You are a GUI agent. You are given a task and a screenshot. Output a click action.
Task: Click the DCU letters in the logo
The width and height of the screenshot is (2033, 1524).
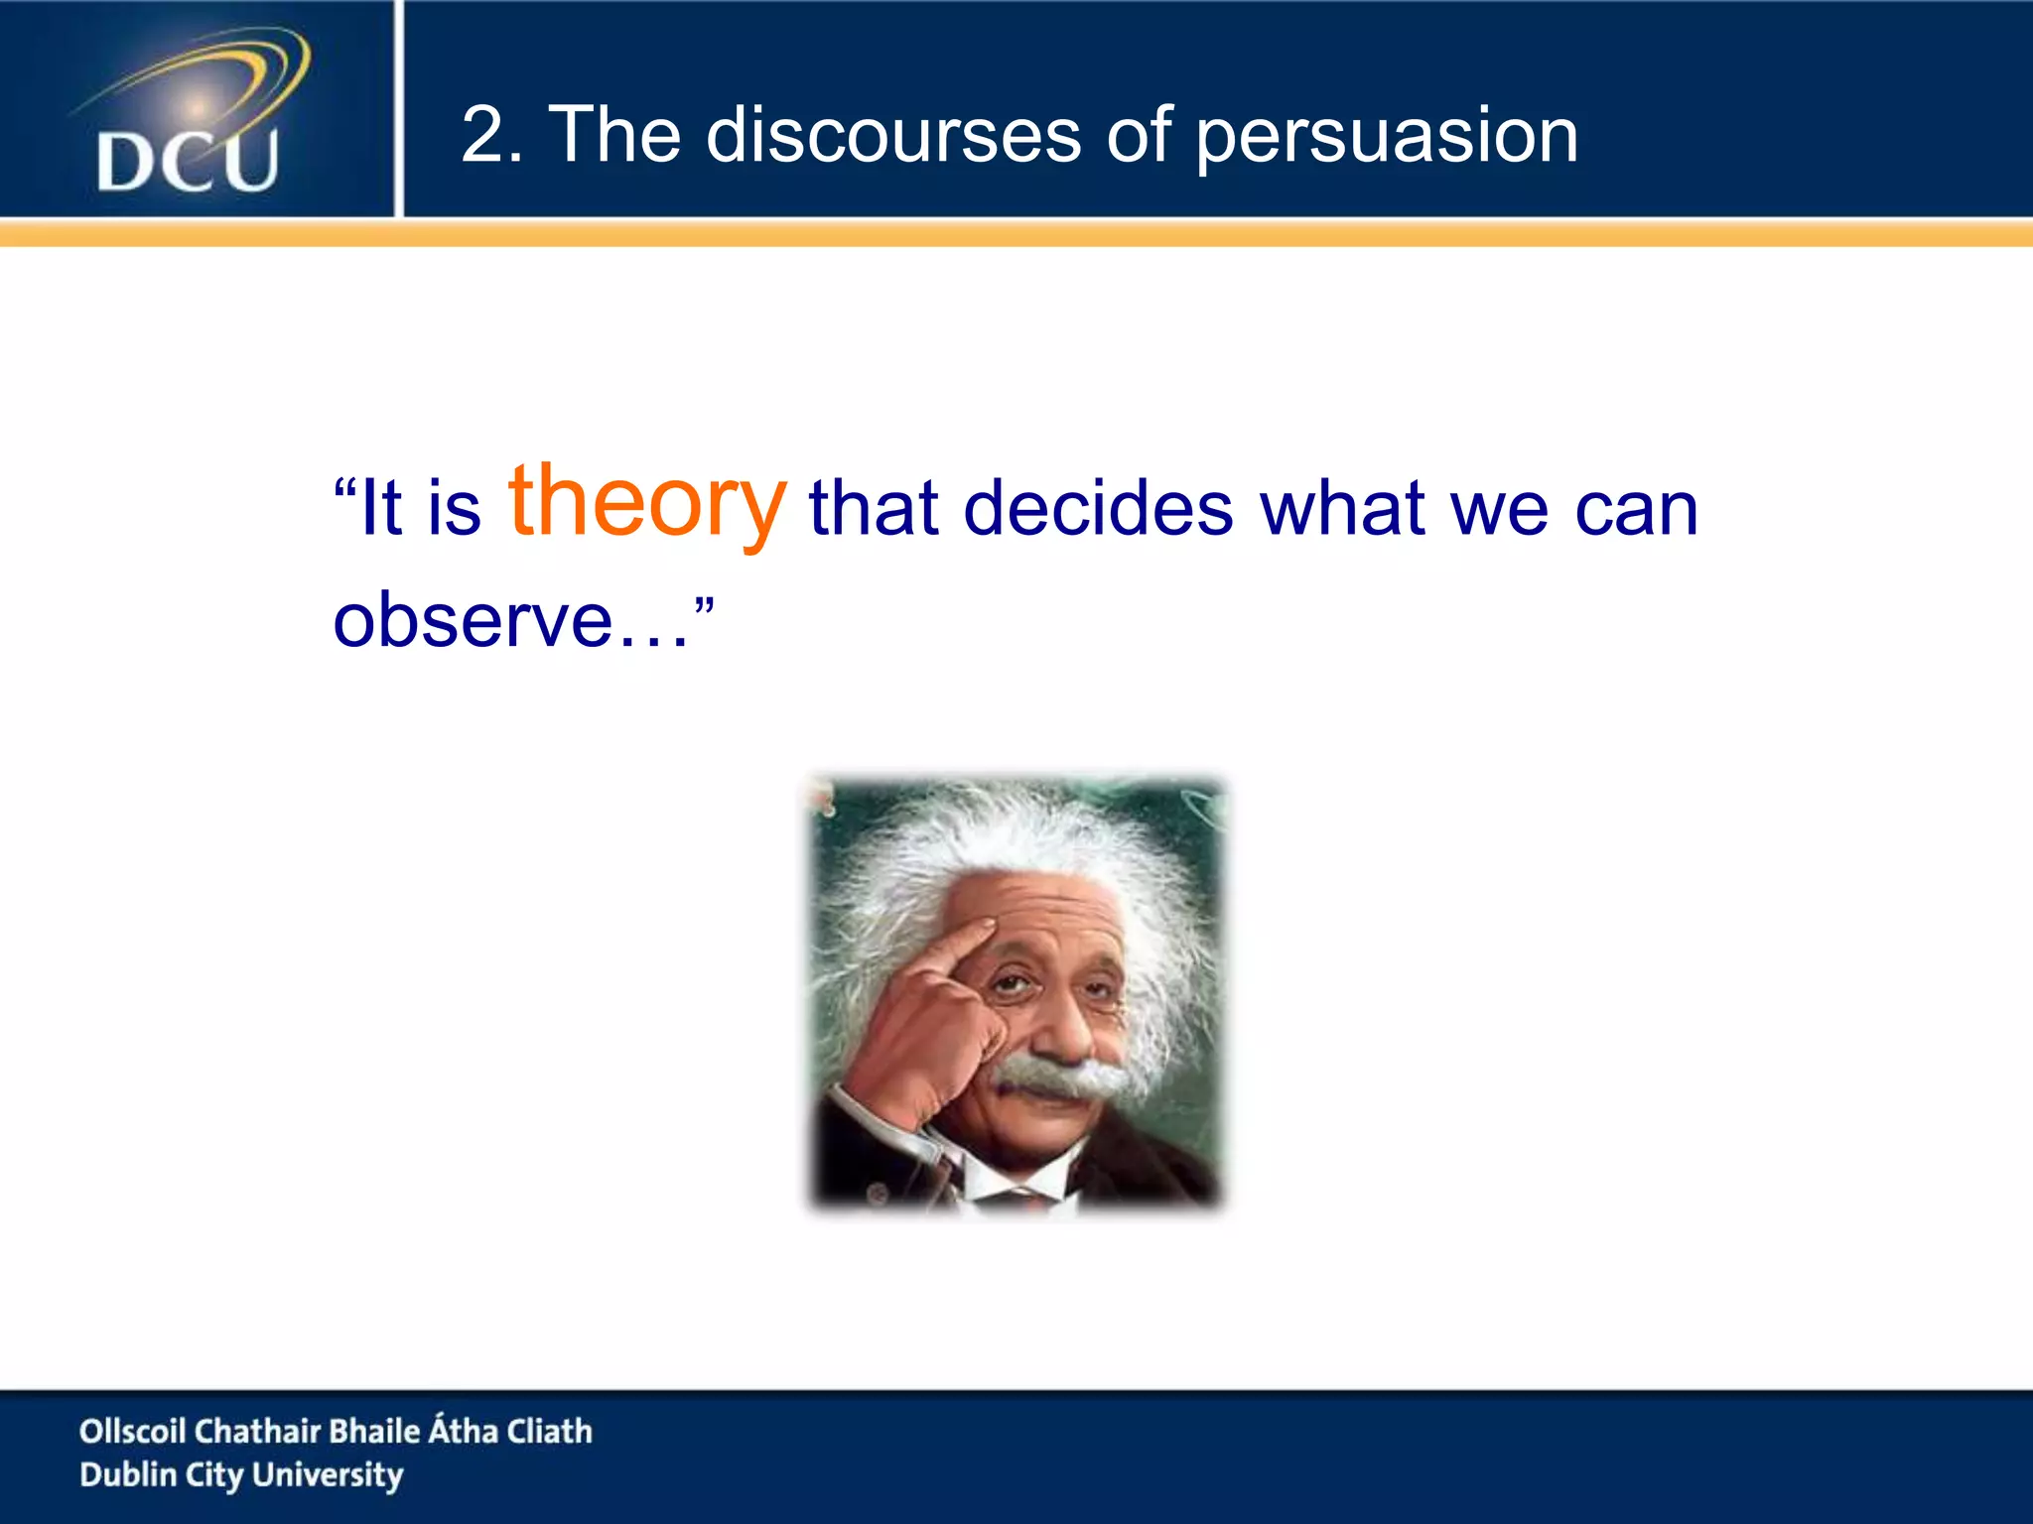pyautogui.click(x=188, y=161)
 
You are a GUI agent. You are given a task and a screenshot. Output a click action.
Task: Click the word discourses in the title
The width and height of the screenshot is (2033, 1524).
pyautogui.click(x=892, y=135)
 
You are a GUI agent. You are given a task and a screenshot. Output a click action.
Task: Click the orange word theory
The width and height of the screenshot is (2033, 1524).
pyautogui.click(x=647, y=504)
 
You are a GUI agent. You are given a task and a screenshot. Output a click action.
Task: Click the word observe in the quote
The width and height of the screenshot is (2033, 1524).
pyautogui.click(x=473, y=621)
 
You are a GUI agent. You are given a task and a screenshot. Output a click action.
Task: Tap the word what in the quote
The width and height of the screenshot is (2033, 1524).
pyautogui.click(x=1342, y=508)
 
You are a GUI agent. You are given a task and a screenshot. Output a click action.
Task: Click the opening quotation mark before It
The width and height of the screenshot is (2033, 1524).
pyautogui.click(x=344, y=488)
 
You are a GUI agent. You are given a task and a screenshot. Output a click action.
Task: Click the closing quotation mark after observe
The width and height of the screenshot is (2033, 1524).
pyautogui.click(x=704, y=602)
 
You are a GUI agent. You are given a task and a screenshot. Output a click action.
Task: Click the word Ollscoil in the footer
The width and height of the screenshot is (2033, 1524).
pyautogui.click(x=132, y=1431)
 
